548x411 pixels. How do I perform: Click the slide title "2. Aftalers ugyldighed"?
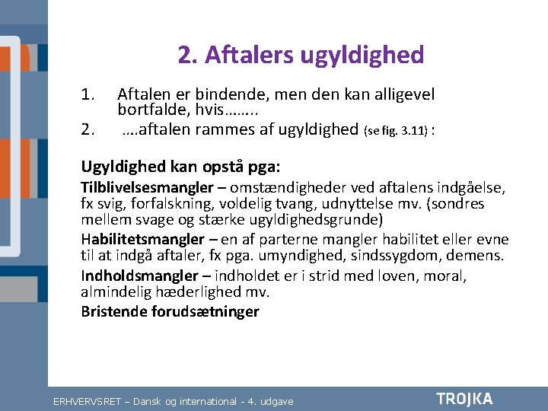[x=301, y=55]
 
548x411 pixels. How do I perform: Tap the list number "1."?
[x=88, y=95]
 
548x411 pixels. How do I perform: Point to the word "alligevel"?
[x=402, y=95]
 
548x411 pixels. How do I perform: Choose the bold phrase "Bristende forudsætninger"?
[x=170, y=311]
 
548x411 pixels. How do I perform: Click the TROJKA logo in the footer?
[x=464, y=399]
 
